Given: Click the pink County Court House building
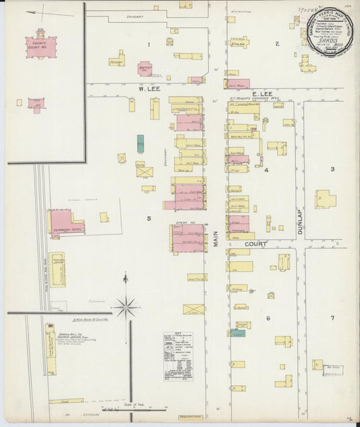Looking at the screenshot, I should point(41,47).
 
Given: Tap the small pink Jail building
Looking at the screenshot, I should point(36,105).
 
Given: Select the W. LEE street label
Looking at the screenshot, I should point(148,89).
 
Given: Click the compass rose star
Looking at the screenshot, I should point(126,307).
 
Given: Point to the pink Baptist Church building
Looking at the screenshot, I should point(145,68).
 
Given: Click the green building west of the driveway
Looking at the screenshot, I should point(140,143).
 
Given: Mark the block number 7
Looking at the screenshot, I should point(332,318).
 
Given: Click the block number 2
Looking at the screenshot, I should point(277,44).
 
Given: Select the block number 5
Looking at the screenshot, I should point(149,218).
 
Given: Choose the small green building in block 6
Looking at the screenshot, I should point(237,333).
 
